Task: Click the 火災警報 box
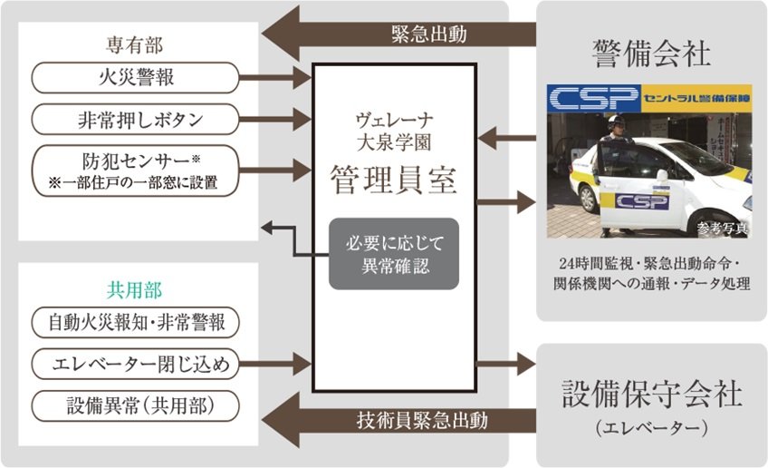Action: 135,77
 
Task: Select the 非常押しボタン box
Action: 135,119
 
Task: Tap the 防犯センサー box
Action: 135,170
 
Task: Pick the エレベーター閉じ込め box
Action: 135,365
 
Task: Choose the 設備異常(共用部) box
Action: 135,405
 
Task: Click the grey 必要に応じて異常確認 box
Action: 394,254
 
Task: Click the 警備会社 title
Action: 650,53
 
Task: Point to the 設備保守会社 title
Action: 651,393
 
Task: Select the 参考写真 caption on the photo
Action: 723,228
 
